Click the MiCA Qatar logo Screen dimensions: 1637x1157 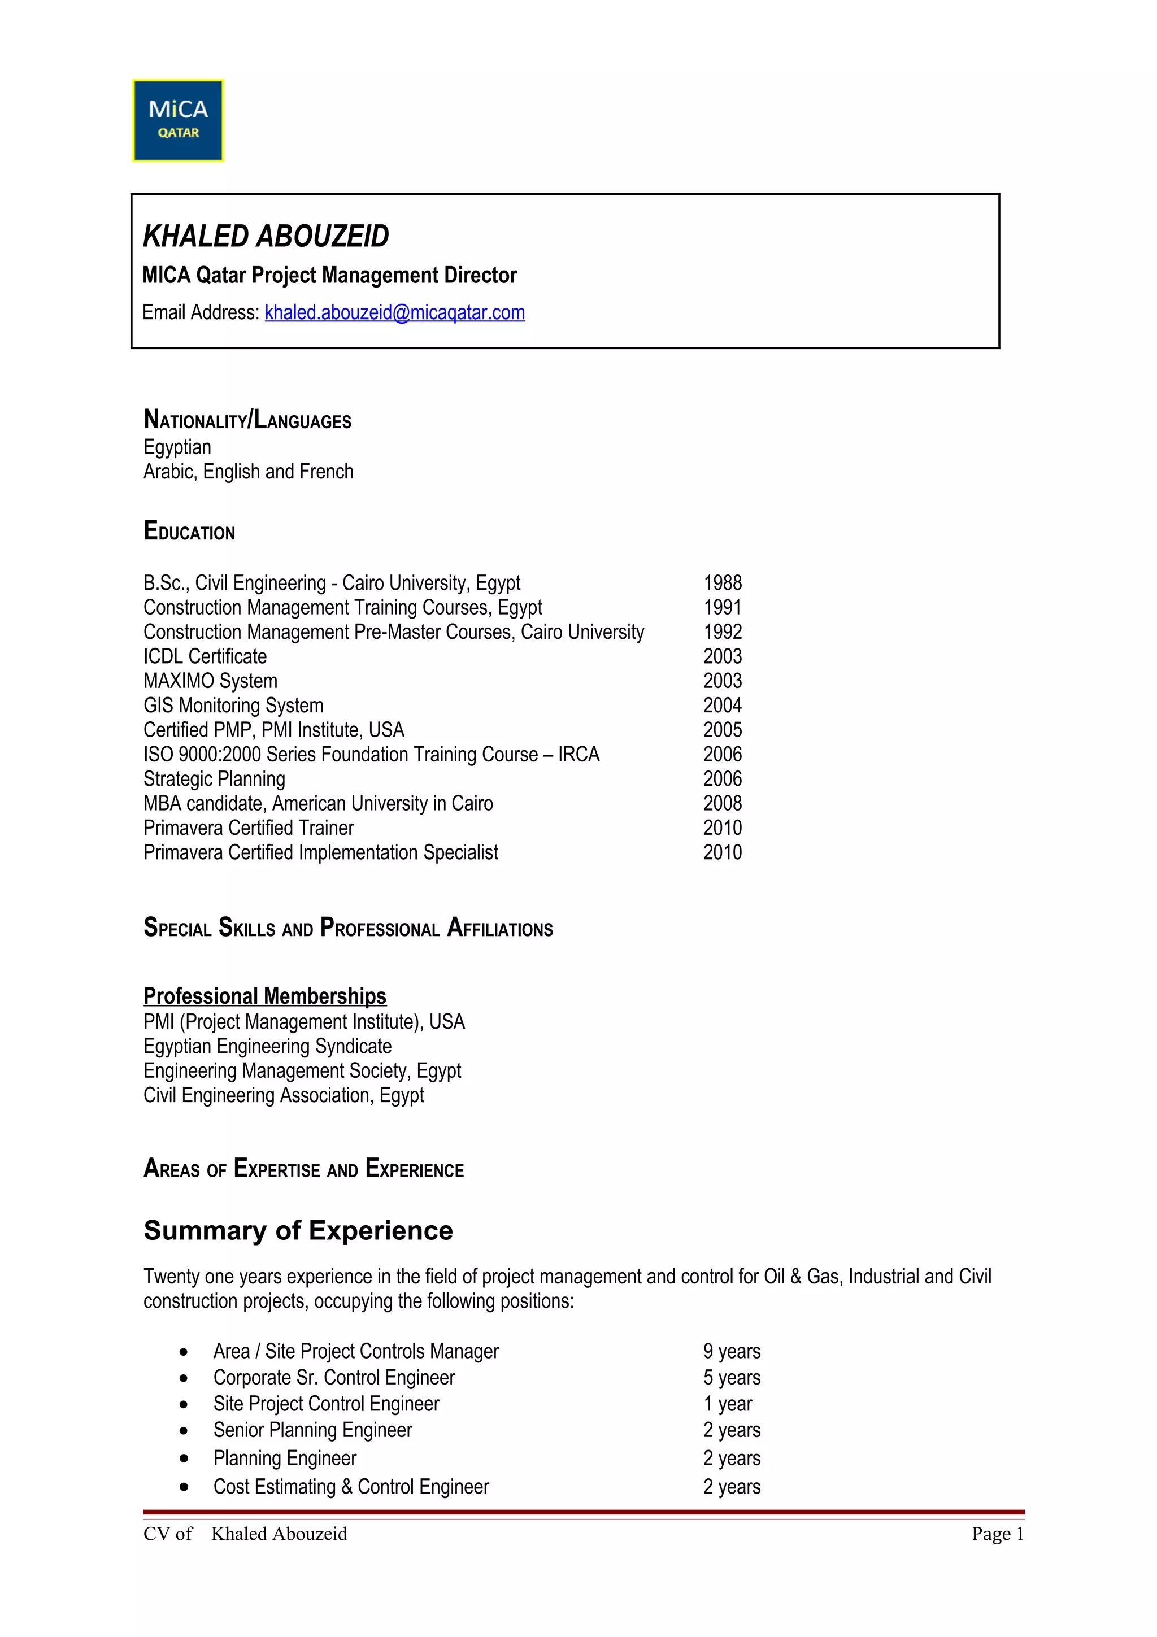point(178,120)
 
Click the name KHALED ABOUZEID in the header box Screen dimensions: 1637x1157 point(266,236)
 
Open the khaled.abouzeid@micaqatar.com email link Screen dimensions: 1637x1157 point(394,312)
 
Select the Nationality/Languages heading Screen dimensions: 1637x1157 point(247,419)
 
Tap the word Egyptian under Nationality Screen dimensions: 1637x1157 point(177,447)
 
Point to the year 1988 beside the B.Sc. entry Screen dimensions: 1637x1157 point(722,583)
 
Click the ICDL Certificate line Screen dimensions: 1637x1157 point(205,656)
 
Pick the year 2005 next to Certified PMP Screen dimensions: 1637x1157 point(722,730)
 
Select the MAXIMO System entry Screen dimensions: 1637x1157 point(210,681)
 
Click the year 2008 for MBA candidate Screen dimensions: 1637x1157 point(722,803)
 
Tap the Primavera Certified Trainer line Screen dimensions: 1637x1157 point(248,828)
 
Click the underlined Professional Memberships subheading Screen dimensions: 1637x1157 point(264,995)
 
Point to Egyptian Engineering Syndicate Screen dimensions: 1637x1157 point(267,1046)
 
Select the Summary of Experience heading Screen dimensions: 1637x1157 point(298,1231)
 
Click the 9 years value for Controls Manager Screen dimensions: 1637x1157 point(732,1351)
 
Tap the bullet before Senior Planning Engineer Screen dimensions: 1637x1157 point(184,1431)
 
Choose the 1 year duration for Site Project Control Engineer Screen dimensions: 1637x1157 point(727,1404)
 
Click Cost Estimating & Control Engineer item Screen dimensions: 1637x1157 point(351,1487)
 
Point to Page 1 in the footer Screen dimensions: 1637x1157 point(997,1534)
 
